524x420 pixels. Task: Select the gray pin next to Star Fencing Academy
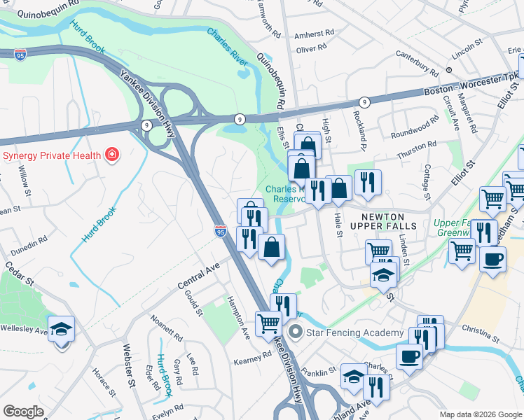click(296, 332)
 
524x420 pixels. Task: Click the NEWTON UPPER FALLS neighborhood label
click(389, 220)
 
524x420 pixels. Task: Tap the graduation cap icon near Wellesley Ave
click(62, 329)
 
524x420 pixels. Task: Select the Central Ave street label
click(198, 272)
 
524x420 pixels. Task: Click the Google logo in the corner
click(23, 412)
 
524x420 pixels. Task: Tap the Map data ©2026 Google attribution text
click(480, 414)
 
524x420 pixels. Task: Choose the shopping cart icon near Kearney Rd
click(268, 323)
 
